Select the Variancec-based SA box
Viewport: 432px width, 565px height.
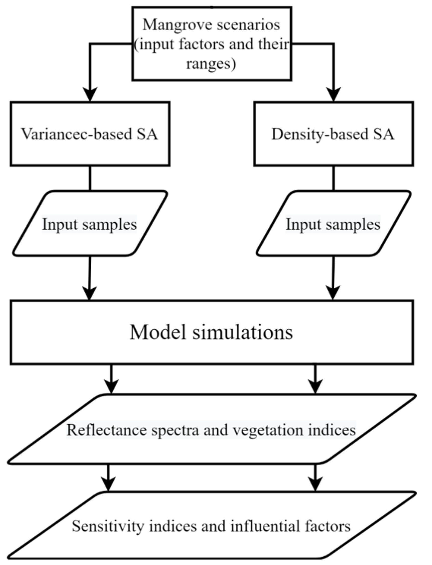point(90,134)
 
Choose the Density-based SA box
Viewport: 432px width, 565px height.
point(333,134)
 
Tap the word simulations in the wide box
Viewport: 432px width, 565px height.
point(243,332)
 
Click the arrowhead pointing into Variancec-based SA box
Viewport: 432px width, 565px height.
point(90,95)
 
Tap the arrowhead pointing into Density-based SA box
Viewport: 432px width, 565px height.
point(333,95)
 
